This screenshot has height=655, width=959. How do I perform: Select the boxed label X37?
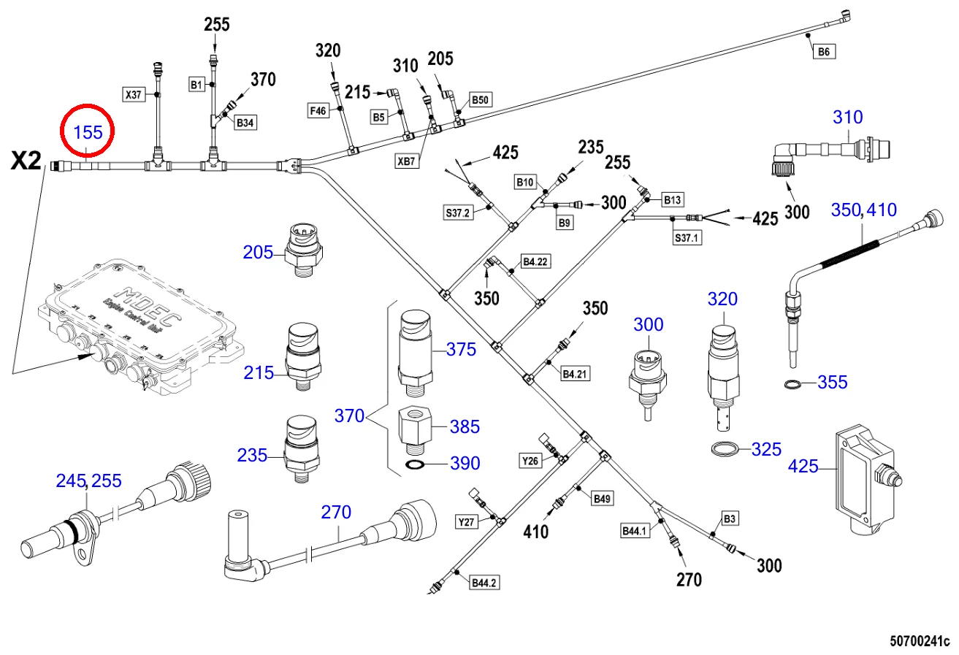click(x=134, y=93)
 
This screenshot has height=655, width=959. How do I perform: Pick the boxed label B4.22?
click(x=534, y=261)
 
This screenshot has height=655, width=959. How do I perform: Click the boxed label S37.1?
click(x=687, y=237)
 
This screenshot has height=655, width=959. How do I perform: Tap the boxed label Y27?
click(x=466, y=521)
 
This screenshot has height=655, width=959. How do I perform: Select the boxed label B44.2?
click(x=485, y=583)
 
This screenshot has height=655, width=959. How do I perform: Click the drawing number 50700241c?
click(x=918, y=642)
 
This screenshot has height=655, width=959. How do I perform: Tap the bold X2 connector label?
click(x=26, y=161)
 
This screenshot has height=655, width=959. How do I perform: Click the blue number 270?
click(x=337, y=512)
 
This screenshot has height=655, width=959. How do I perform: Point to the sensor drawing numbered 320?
click(x=722, y=369)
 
